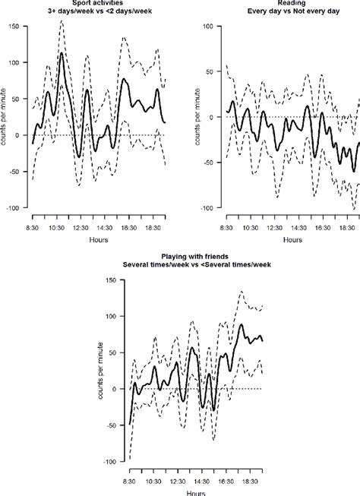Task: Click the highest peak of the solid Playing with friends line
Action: pyautogui.click(x=242, y=324)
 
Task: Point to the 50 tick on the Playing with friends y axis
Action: pyautogui.click(x=110, y=352)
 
